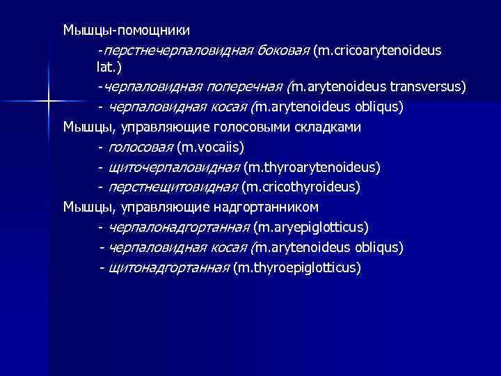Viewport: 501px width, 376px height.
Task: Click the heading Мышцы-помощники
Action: [126, 31]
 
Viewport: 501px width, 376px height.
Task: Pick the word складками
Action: [326, 127]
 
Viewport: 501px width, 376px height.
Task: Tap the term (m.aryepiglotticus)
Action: [311, 227]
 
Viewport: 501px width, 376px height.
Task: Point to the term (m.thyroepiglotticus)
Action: [297, 267]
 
